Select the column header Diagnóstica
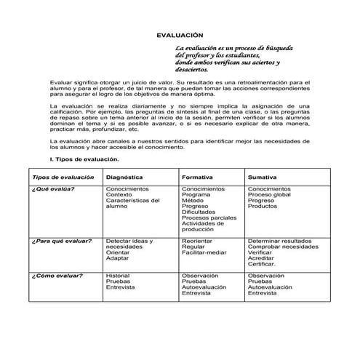(124, 177)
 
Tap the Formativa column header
(197, 177)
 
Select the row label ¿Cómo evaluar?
(57, 276)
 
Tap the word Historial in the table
(118, 276)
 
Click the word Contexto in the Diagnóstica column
(119, 194)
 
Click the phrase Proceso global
(269, 194)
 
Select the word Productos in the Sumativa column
(263, 206)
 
